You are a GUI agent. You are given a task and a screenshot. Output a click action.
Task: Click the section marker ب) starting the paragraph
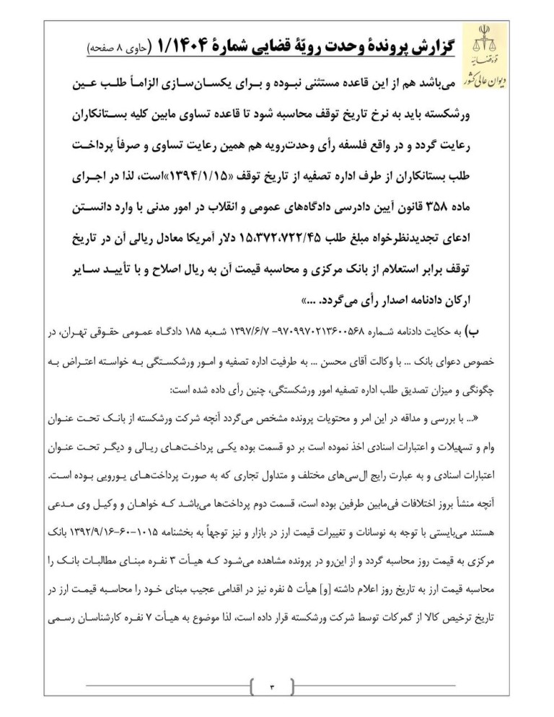click(x=471, y=332)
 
